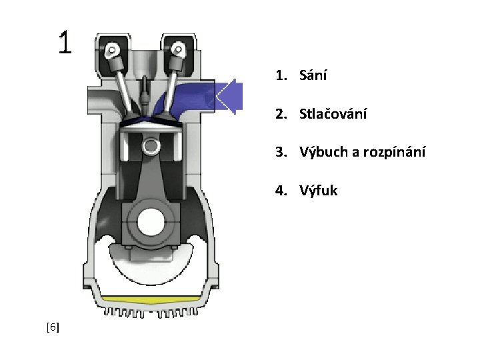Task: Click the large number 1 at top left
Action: [x=64, y=43]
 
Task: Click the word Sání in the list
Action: [x=313, y=75]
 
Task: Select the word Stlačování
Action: [x=333, y=114]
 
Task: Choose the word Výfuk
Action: [x=319, y=191]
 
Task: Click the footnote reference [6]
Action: [x=53, y=327]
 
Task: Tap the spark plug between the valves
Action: [x=145, y=93]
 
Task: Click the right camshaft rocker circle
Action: [x=178, y=48]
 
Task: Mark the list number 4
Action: [x=280, y=191]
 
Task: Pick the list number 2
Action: [x=280, y=114]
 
